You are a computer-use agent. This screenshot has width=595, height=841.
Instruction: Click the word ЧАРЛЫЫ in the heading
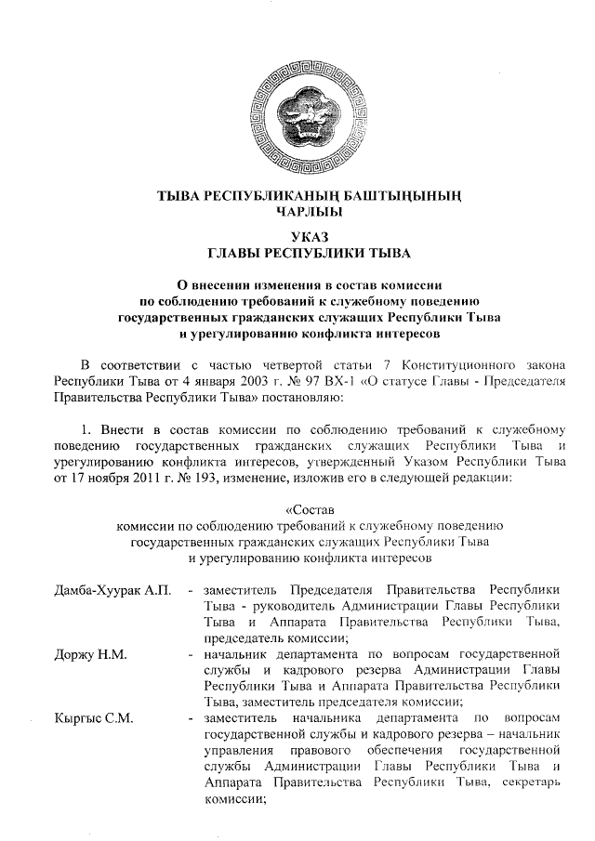click(297, 212)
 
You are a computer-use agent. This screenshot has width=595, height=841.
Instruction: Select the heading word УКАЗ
click(297, 237)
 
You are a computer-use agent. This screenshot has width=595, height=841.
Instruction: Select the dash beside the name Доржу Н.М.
click(191, 655)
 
